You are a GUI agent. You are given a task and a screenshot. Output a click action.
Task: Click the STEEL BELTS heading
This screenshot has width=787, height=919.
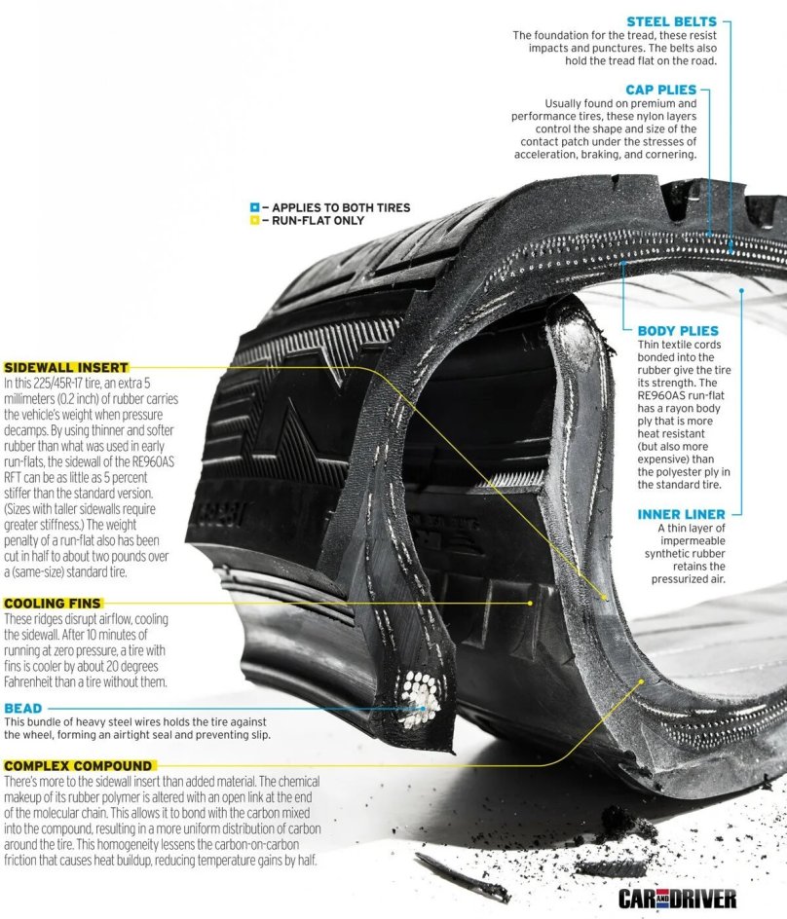[x=671, y=21]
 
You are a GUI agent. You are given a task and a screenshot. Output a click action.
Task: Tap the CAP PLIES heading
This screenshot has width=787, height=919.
[x=660, y=90]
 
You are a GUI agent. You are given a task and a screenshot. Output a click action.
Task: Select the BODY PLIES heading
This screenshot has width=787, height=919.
[x=678, y=331]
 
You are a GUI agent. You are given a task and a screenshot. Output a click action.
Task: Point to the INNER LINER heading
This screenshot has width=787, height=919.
[x=682, y=514]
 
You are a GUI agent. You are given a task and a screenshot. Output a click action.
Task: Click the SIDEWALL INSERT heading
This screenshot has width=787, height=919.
[x=66, y=368]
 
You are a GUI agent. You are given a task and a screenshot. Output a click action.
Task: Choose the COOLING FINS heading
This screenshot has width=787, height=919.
[x=55, y=604]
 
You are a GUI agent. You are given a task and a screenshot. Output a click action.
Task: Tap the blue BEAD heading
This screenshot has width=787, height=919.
[x=23, y=708]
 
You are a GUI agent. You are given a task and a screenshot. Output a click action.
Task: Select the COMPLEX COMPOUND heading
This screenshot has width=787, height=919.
[x=78, y=766]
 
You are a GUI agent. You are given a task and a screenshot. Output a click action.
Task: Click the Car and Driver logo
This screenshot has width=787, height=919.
[x=677, y=898]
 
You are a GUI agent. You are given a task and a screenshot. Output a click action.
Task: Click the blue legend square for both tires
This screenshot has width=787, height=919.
[x=254, y=207]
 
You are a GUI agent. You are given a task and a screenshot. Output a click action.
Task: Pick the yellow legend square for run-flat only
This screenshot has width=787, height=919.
[x=254, y=221]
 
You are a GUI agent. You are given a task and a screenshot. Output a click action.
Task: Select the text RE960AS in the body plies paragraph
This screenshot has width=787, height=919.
[x=672, y=395]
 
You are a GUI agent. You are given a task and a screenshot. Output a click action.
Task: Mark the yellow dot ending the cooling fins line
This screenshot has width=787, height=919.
[x=530, y=603]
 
